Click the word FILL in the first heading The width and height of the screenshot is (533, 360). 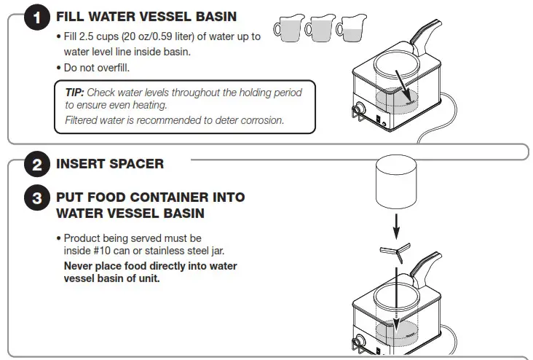pyautogui.click(x=69, y=17)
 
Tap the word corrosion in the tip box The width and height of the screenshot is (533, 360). pyautogui.click(x=261, y=120)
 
